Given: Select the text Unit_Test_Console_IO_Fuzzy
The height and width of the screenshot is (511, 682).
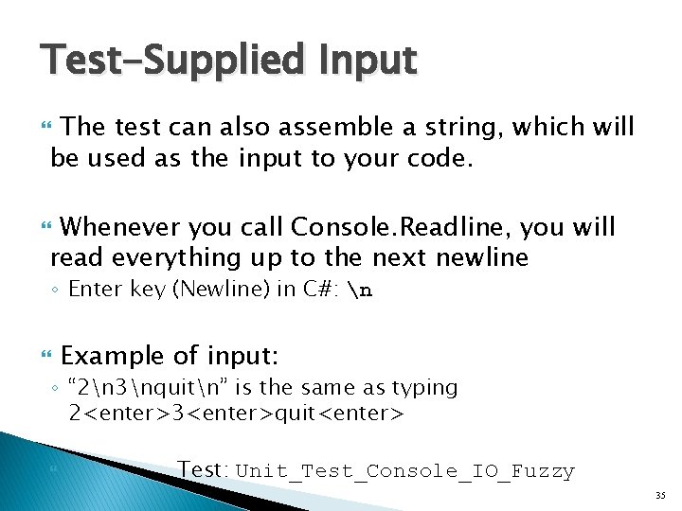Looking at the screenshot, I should pyautogui.click(x=404, y=471).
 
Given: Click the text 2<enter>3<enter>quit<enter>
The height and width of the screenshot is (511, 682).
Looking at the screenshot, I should pyautogui.click(x=236, y=413).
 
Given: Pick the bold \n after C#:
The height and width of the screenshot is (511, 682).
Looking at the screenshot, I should pyautogui.click(x=361, y=290).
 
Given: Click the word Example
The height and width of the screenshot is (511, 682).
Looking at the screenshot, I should pyautogui.click(x=112, y=356).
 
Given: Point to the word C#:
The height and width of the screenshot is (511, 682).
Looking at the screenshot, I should pyautogui.click(x=322, y=290).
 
